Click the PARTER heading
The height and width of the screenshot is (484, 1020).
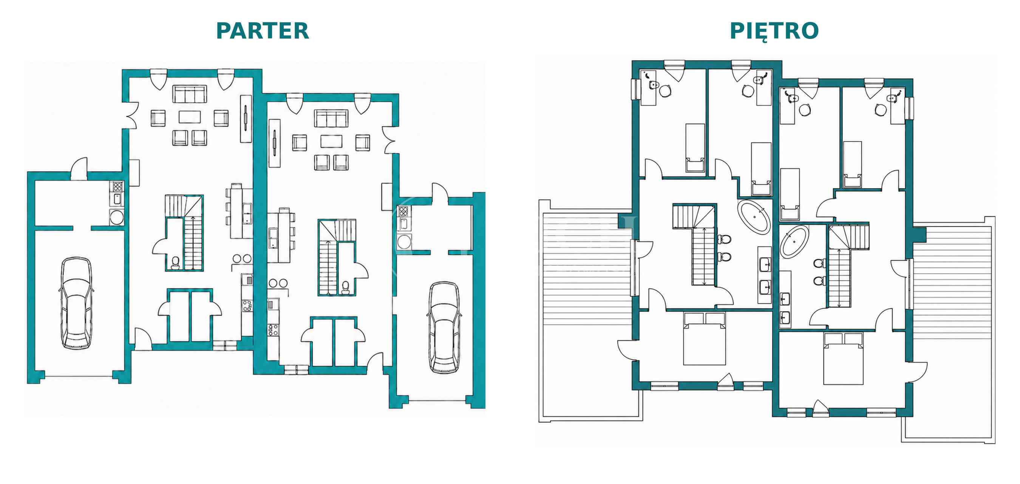[x=262, y=31]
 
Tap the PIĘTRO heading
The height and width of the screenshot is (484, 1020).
[x=774, y=31]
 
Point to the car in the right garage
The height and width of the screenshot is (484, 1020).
[x=444, y=328]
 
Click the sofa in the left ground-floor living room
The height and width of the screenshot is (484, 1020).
[x=190, y=94]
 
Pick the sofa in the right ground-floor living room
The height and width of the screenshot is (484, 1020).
[x=331, y=118]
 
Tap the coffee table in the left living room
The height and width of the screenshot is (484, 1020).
[x=190, y=117]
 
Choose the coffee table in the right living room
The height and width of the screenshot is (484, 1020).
[x=331, y=141]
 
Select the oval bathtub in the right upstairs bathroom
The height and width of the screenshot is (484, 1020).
[x=794, y=241]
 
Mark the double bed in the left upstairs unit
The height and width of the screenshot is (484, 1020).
[x=705, y=338]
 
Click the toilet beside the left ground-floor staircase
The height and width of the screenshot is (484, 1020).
[x=175, y=263]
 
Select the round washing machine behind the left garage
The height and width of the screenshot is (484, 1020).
[x=117, y=217]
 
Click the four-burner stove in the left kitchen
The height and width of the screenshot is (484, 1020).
[x=247, y=306]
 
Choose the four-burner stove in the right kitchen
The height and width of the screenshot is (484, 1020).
[x=273, y=330]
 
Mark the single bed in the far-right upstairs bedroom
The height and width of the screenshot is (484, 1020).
[x=853, y=164]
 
